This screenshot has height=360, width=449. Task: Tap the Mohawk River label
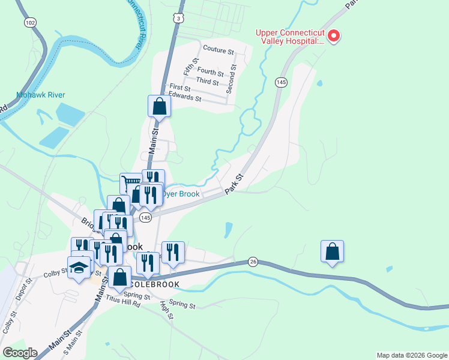(40, 95)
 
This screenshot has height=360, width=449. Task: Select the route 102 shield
(30, 22)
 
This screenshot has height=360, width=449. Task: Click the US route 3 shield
(178, 19)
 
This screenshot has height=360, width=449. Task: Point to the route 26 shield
(253, 262)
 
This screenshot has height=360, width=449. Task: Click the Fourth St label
(210, 71)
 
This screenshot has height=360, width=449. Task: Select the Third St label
(207, 82)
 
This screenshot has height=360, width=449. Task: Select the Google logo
(20, 353)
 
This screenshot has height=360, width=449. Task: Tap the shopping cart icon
(130, 182)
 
